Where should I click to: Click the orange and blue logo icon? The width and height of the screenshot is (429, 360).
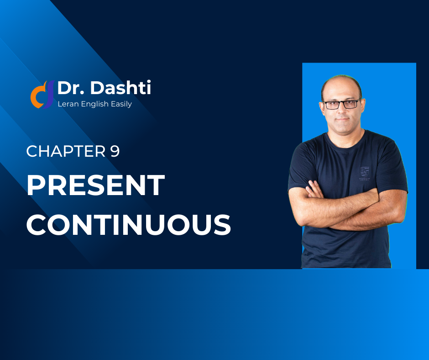click(x=42, y=95)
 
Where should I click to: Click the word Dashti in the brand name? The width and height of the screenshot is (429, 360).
click(x=120, y=88)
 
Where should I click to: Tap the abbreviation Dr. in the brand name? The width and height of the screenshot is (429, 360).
click(x=71, y=88)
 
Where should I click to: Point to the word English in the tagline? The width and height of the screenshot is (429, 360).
click(x=94, y=104)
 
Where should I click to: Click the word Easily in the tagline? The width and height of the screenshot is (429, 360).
click(x=121, y=104)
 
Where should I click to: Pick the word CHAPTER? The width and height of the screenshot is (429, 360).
click(x=66, y=151)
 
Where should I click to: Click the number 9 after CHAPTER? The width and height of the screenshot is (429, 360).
click(x=115, y=151)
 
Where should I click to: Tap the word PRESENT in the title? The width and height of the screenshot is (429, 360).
click(x=95, y=185)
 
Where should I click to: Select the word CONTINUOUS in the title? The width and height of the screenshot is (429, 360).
click(x=129, y=225)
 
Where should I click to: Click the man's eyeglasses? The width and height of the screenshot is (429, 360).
click(x=341, y=104)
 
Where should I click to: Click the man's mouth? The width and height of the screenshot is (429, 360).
click(x=343, y=119)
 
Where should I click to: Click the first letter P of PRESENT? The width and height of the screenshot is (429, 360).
click(x=35, y=185)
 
